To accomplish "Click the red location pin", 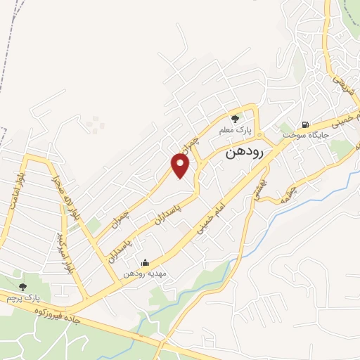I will [x=181, y=165].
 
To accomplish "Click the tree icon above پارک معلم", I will [x=235, y=118].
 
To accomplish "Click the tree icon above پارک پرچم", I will [x=23, y=286].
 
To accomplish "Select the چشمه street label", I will [x=289, y=184].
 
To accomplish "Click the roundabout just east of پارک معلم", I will [x=259, y=134].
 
